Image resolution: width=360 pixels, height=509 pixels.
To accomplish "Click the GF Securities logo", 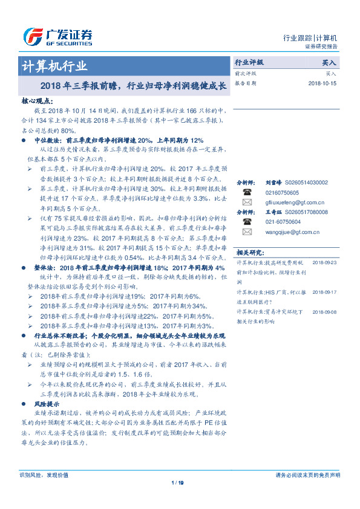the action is click(57, 36).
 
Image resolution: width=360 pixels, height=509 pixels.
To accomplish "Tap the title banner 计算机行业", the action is click(54, 66).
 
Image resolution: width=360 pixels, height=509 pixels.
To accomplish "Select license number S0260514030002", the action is click(306, 182).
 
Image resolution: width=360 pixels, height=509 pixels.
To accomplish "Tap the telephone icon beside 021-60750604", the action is click(246, 222).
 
